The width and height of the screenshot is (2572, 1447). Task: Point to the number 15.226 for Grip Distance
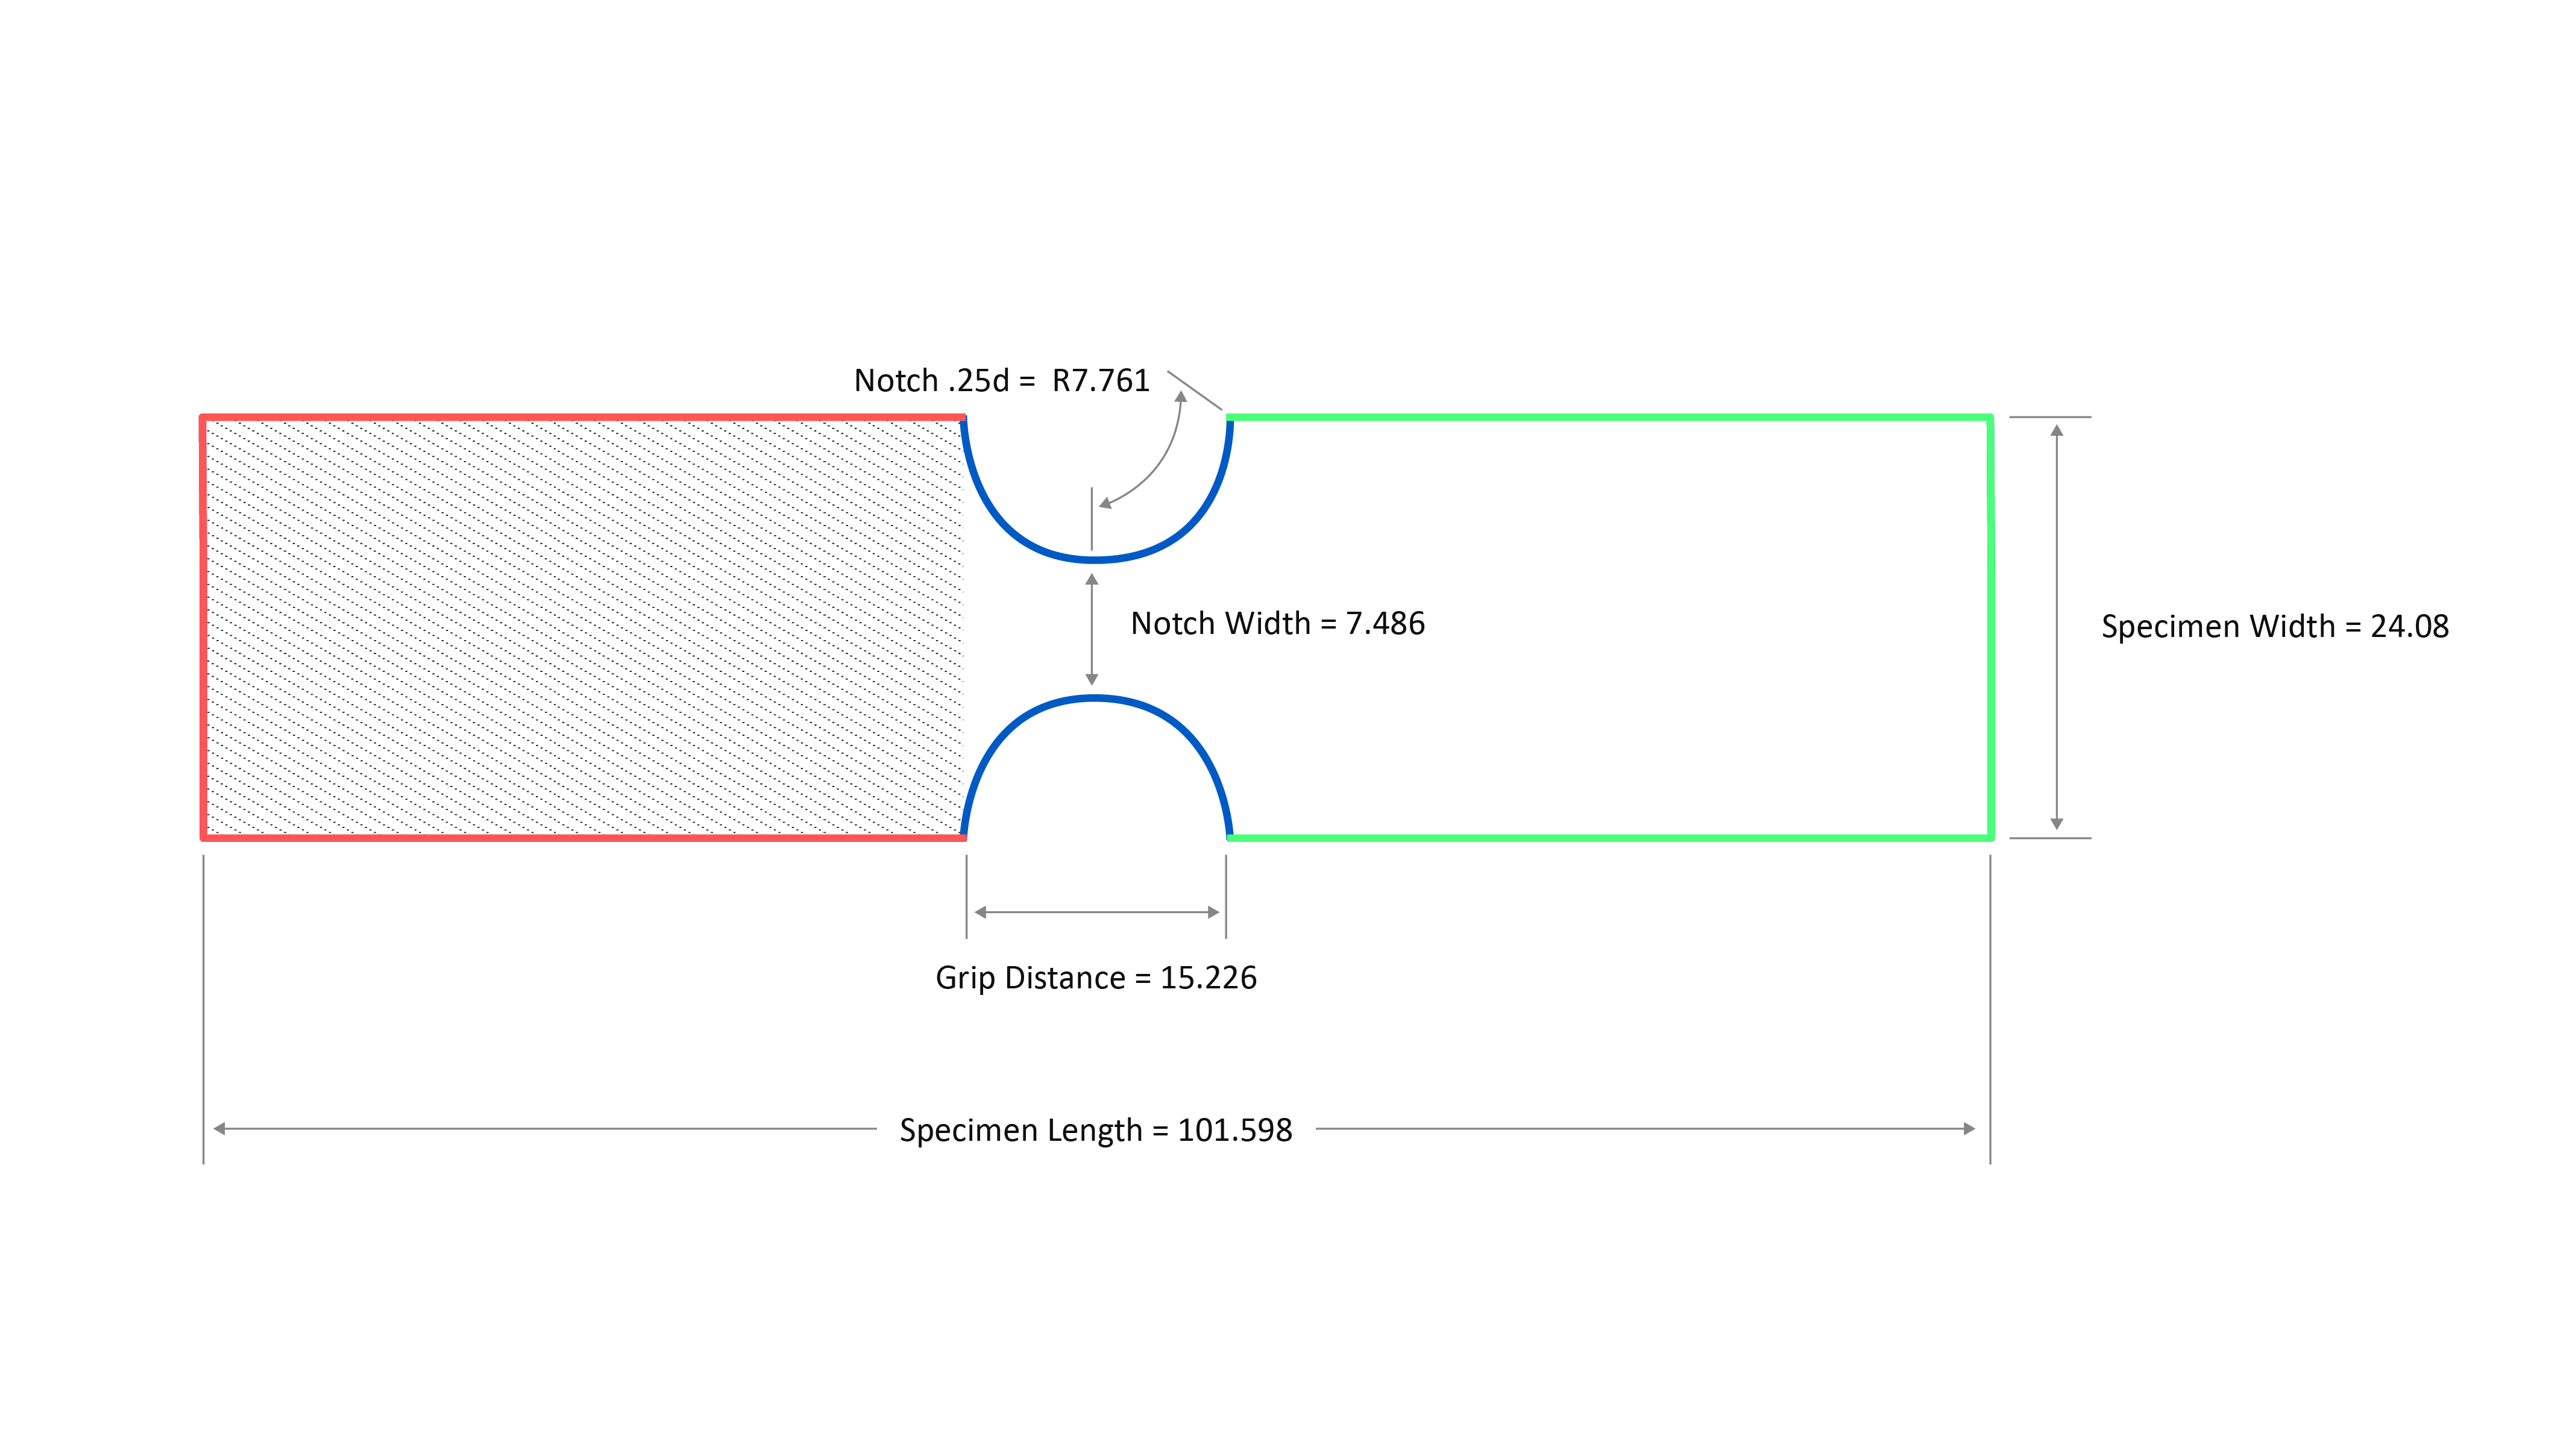pyautogui.click(x=1208, y=978)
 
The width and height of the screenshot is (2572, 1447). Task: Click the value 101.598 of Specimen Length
pyautogui.click(x=1235, y=1131)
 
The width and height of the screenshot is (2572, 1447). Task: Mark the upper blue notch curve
pyautogui.click(x=1095, y=559)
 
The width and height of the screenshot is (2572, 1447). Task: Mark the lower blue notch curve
pyautogui.click(x=1095, y=698)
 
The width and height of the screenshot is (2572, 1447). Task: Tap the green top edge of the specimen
pyautogui.click(x=1609, y=418)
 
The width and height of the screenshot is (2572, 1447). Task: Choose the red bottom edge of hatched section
pyautogui.click(x=584, y=838)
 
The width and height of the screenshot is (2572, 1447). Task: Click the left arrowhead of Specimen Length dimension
pyautogui.click(x=219, y=1129)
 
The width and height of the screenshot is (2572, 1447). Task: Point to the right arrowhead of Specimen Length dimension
pyautogui.click(x=1969, y=1129)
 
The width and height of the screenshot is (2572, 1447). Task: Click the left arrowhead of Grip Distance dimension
pyautogui.click(x=981, y=912)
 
